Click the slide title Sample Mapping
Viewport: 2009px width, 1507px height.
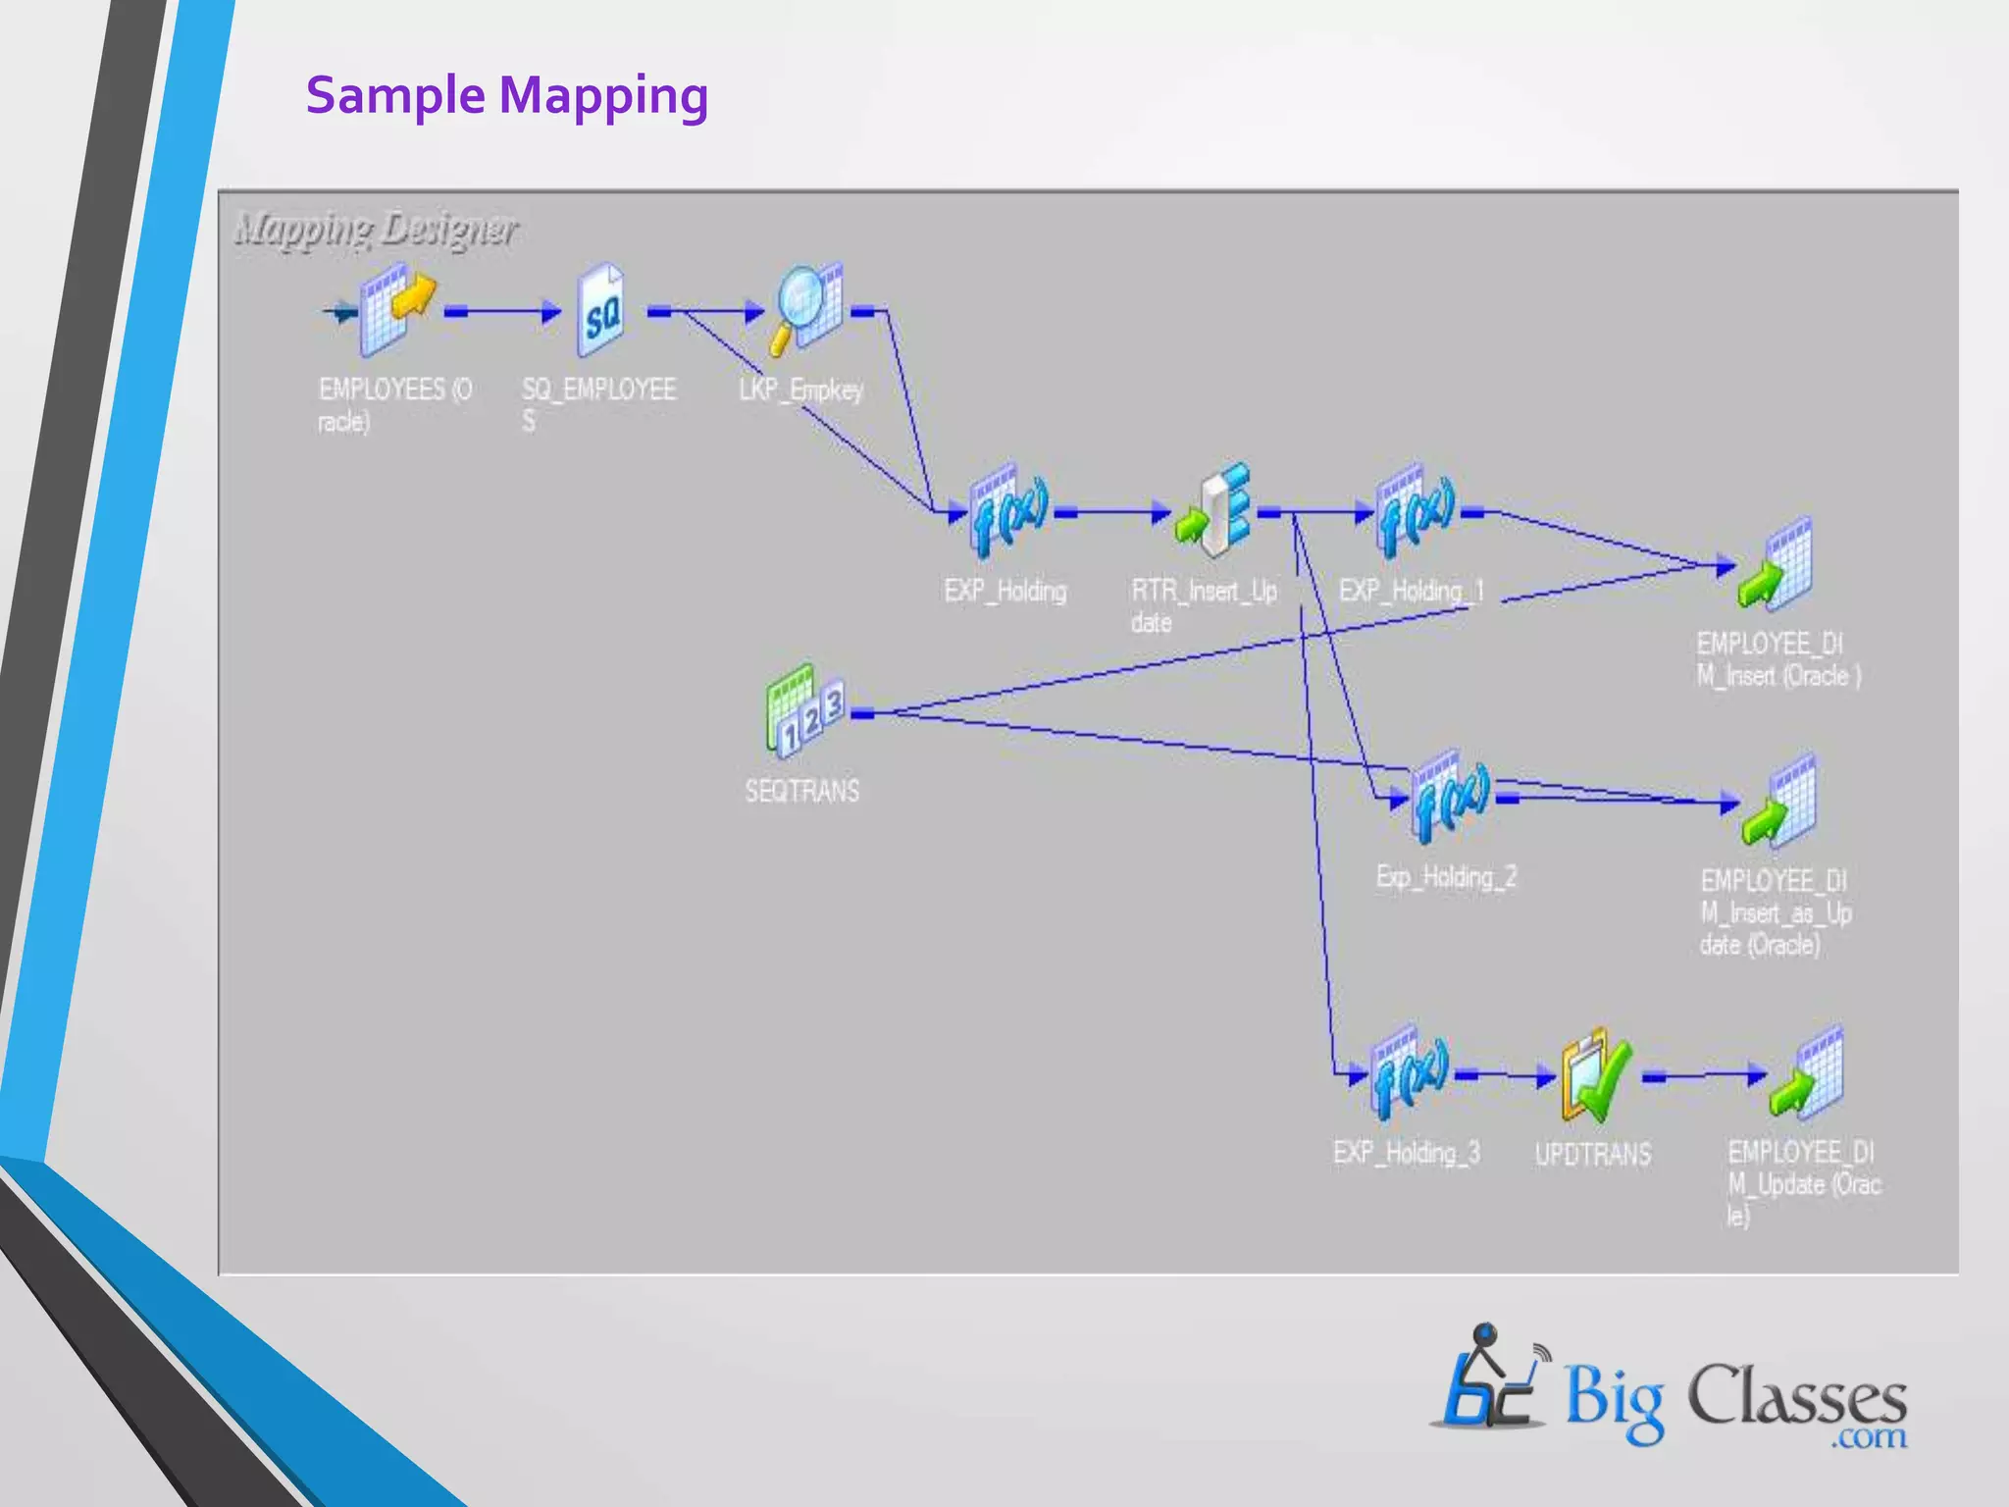pyautogui.click(x=506, y=96)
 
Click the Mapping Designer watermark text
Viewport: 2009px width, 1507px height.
pyautogui.click(x=376, y=230)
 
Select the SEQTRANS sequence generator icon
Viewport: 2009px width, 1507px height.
pyautogui.click(x=803, y=711)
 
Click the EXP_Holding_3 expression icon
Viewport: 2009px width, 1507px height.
pyautogui.click(x=1409, y=1072)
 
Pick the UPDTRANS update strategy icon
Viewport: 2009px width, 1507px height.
pyautogui.click(x=1596, y=1075)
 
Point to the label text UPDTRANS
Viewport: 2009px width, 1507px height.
pyautogui.click(x=1593, y=1154)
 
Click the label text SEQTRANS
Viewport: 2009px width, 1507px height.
pyautogui.click(x=802, y=791)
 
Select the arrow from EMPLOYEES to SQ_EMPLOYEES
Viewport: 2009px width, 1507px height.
pyautogui.click(x=502, y=312)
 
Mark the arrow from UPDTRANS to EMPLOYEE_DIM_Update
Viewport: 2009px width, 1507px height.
pyautogui.click(x=1705, y=1076)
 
